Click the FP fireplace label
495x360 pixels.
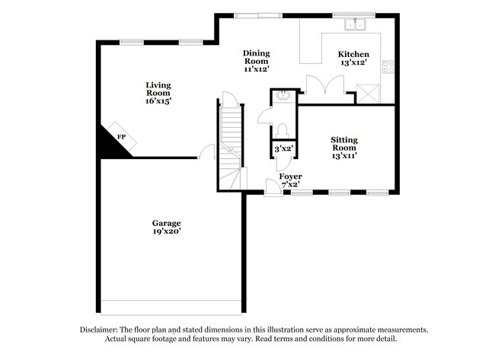[x=120, y=136]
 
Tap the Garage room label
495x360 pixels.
[x=166, y=223]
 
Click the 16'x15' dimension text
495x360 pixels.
[x=159, y=100]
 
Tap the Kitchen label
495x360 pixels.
[x=354, y=54]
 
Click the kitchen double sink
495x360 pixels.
[x=355, y=24]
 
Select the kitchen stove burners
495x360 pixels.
[x=388, y=66]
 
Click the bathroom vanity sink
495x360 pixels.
[x=283, y=97]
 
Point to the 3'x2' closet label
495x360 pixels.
[x=284, y=149]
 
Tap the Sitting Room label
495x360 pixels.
[x=344, y=144]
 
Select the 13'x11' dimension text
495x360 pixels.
[x=344, y=155]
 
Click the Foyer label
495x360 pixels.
[x=290, y=176]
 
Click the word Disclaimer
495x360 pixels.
[x=101, y=330]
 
